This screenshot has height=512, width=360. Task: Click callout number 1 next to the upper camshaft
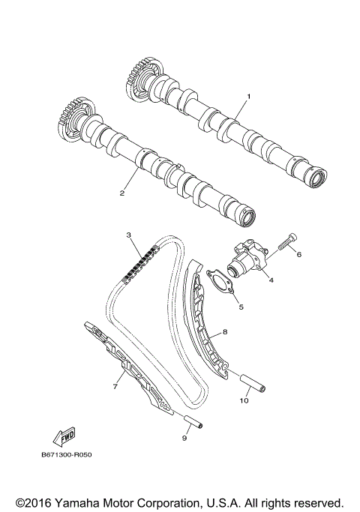[x=249, y=97]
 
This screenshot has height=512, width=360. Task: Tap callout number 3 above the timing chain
[x=129, y=235]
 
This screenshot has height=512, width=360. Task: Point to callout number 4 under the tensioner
[x=271, y=280]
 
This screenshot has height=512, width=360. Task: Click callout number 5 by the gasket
[x=241, y=306]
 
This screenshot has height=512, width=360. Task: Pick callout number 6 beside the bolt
[x=298, y=254]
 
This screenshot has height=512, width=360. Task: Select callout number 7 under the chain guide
[x=116, y=387]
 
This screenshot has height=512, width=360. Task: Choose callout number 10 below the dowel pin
[x=242, y=400]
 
